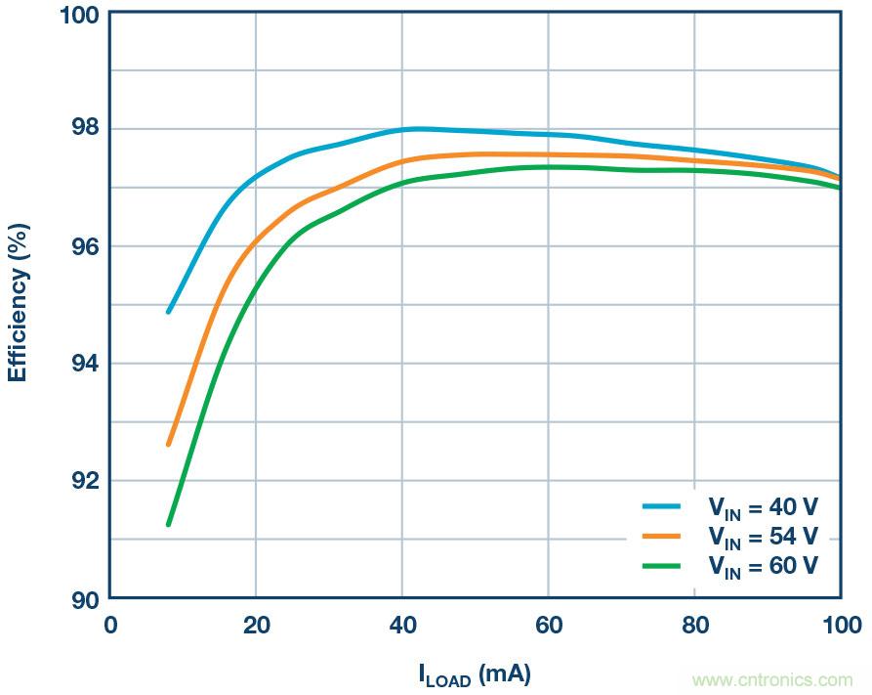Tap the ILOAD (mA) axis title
(x=475, y=673)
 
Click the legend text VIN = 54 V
(x=763, y=536)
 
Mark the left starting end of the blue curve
(x=169, y=312)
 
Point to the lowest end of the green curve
(x=169, y=525)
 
